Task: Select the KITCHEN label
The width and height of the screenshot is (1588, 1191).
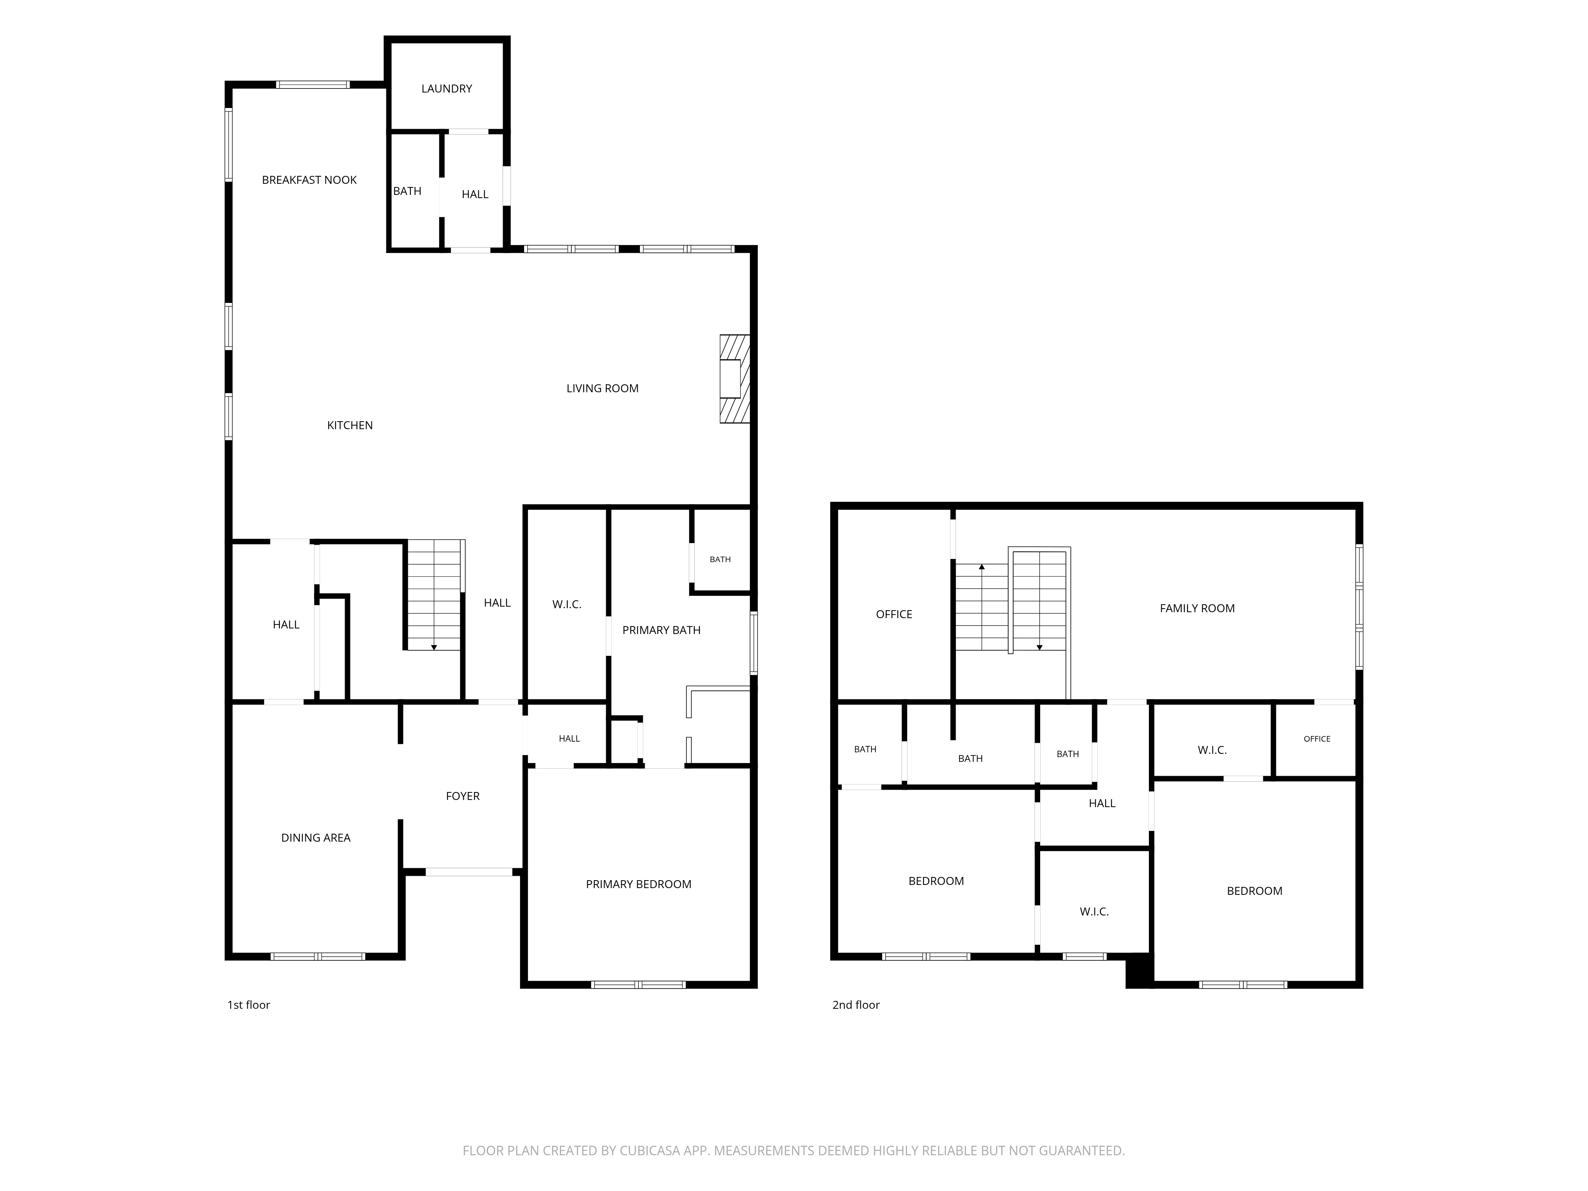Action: (350, 426)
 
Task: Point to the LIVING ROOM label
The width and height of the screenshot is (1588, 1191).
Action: (602, 388)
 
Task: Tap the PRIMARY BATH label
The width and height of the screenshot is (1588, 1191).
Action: (661, 630)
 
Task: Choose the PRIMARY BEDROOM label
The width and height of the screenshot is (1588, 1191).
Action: (638, 885)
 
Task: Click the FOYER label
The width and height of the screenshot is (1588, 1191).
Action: (463, 796)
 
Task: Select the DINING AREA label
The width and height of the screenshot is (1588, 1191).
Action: (316, 838)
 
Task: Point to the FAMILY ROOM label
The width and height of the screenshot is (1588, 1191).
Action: (1197, 609)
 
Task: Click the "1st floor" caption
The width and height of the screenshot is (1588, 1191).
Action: (249, 1005)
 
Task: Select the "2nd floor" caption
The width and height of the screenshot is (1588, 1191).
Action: (856, 1005)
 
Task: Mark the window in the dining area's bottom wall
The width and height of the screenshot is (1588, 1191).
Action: (317, 956)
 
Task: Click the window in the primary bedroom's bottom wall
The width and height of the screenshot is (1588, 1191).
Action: (638, 984)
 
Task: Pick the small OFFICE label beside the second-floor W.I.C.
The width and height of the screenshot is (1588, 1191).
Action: (1316, 739)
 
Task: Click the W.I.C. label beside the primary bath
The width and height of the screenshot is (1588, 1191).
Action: (567, 605)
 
